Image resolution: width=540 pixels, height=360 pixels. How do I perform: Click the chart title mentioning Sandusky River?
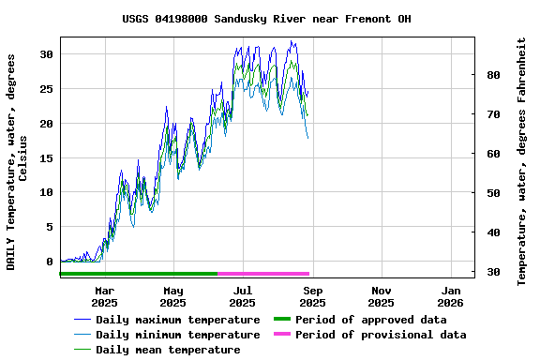[266, 19]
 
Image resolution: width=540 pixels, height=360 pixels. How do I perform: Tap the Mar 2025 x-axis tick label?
[104, 296]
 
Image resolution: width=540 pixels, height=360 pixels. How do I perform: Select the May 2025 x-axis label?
[173, 296]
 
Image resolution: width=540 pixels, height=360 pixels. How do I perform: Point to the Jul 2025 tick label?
[243, 296]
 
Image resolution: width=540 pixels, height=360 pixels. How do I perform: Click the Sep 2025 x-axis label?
[312, 296]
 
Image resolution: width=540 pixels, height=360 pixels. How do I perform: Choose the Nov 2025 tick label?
[382, 296]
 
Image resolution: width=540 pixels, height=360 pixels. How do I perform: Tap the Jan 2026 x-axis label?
[451, 296]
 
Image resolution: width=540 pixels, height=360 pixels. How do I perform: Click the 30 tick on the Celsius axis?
[46, 54]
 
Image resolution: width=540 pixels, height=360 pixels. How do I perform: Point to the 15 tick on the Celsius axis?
[46, 157]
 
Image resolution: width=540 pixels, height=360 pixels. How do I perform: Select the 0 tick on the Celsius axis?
[50, 262]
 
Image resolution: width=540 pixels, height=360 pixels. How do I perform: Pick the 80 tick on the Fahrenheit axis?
[493, 75]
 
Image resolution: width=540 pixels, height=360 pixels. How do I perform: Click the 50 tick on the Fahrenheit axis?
[493, 193]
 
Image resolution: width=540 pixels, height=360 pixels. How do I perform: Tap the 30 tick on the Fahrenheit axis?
[493, 272]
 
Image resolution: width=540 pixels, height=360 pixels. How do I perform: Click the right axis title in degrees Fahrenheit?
[522, 161]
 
